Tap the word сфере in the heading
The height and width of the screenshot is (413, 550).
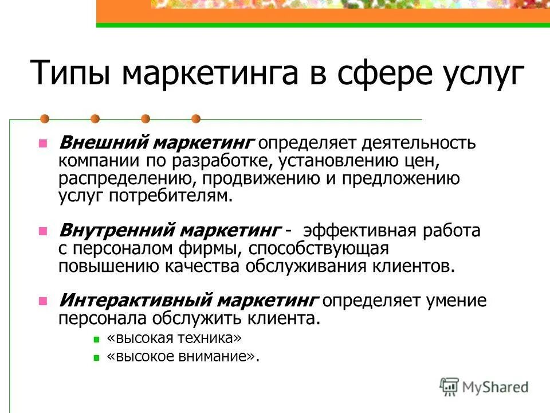375,73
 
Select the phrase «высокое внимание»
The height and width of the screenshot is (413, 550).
180,356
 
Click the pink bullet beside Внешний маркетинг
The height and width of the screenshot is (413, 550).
42,142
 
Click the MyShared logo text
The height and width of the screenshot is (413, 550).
496,387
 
